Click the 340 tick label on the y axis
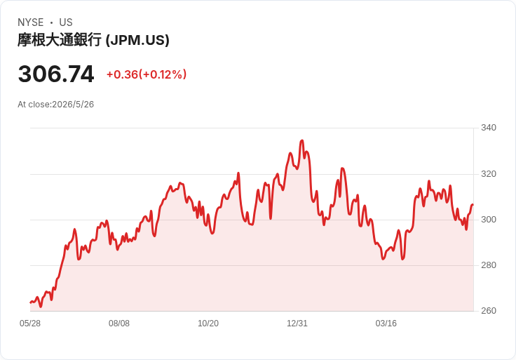(x=489, y=128)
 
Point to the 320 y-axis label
(x=489, y=173)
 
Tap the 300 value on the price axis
(x=489, y=220)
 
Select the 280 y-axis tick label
(x=489, y=265)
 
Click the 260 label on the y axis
(x=489, y=311)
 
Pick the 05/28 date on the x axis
(x=30, y=324)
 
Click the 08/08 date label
(x=119, y=324)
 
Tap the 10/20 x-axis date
(x=208, y=324)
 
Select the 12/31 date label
(x=297, y=324)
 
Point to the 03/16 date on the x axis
(x=386, y=324)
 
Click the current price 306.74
(x=56, y=74)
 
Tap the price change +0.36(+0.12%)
(x=147, y=74)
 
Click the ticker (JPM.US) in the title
(x=137, y=40)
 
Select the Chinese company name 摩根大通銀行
(x=59, y=40)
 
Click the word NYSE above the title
(x=31, y=22)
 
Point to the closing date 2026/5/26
(x=73, y=105)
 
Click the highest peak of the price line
(x=301, y=140)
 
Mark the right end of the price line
(x=473, y=205)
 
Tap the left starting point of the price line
(x=30, y=302)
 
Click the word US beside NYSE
(x=66, y=22)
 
